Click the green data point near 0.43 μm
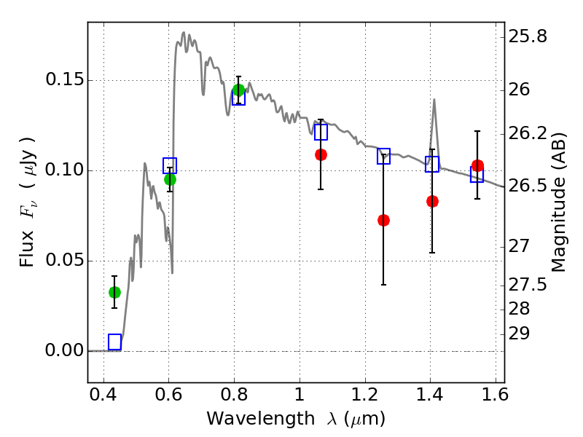tap(115, 293)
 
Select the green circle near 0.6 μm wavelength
tap(170, 179)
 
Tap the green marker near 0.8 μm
tap(239, 90)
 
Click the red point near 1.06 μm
tap(321, 154)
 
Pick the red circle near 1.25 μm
tap(384, 221)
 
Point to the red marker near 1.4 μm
tap(432, 202)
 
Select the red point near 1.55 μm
tap(478, 166)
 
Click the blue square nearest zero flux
tap(115, 342)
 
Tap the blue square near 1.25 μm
tap(384, 156)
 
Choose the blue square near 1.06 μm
tap(321, 132)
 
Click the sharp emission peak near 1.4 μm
tap(434, 99)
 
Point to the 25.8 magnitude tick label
tap(528, 36)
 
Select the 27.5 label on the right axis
tap(528, 285)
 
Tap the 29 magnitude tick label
tap(519, 334)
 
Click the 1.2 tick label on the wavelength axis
tap(365, 395)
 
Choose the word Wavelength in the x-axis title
tap(261, 419)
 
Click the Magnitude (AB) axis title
tap(557, 202)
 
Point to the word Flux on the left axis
tap(27, 248)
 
